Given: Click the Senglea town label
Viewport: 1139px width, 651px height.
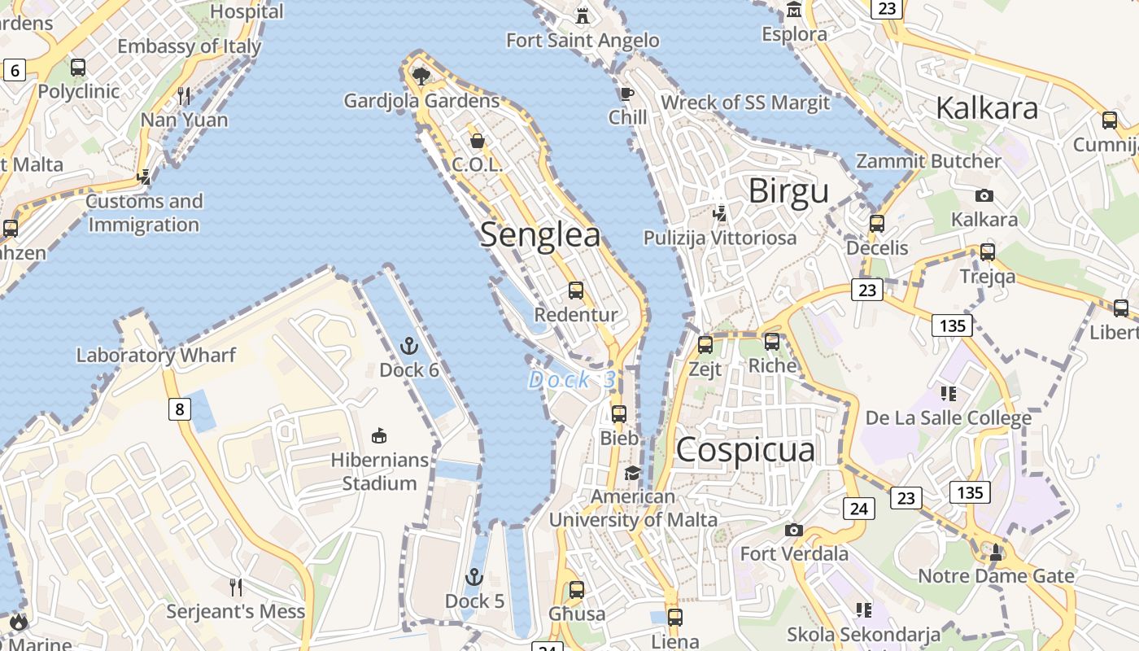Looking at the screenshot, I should point(540,235).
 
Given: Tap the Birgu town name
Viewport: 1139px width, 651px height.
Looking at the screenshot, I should point(788,191).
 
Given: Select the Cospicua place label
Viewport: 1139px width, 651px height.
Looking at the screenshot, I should point(745,450).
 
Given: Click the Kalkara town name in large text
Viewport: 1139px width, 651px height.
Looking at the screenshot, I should point(987,107).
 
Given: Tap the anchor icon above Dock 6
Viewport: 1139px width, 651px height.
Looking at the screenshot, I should point(408,347).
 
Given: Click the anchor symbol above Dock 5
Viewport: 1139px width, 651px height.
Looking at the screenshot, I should point(473,578).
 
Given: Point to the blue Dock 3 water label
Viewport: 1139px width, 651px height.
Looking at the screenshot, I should point(572,380).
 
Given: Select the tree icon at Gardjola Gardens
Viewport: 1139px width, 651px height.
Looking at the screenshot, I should point(421,76).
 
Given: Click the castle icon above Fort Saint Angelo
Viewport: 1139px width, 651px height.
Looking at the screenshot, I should point(583,15).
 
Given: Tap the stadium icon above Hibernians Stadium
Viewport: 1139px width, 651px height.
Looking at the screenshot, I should point(379,436).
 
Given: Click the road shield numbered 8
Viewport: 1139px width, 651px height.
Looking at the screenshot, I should point(180,409).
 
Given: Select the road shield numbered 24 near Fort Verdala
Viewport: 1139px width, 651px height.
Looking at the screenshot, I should point(858,509).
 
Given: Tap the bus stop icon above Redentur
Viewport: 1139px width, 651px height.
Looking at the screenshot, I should point(576,291).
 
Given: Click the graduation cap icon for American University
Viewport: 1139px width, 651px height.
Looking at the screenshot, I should point(632,473).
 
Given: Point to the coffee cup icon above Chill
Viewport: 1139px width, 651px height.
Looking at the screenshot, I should point(626,94).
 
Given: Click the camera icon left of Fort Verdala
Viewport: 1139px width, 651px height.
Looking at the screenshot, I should point(794,531).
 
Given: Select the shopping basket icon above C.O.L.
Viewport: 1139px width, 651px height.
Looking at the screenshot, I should point(478,141).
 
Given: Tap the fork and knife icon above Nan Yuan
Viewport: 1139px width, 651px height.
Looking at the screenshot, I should point(184,96).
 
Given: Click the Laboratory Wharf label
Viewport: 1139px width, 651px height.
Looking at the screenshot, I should point(156,355).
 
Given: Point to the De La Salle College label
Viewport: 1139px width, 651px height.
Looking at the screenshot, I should point(949,418).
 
